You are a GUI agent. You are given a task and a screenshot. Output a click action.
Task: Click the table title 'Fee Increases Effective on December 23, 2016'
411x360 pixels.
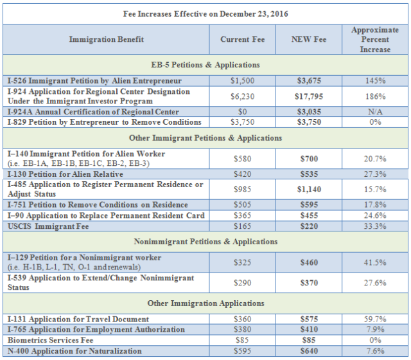click(x=205, y=14)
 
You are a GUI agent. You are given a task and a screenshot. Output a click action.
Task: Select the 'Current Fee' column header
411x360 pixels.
click(x=242, y=39)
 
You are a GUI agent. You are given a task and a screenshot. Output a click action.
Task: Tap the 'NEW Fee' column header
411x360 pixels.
click(x=310, y=39)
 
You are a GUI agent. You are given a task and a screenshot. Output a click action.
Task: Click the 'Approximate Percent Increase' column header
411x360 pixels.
click(x=376, y=39)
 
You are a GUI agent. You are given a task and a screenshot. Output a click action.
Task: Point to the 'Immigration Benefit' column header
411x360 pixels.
click(x=107, y=39)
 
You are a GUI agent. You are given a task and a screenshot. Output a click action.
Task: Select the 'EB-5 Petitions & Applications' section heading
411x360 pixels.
click(x=205, y=65)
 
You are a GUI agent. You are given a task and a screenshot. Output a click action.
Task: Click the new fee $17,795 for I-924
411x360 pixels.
click(x=310, y=96)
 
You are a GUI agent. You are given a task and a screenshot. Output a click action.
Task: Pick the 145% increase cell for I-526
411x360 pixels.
click(x=376, y=81)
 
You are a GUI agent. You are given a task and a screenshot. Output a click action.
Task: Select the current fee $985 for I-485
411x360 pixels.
click(x=242, y=189)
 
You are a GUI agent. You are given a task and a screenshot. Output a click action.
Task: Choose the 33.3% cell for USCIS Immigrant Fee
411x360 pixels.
click(x=376, y=226)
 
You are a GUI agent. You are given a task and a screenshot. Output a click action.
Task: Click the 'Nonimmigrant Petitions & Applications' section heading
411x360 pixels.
click(x=205, y=242)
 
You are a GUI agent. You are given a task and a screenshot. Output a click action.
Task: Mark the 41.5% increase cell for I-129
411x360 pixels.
click(x=376, y=262)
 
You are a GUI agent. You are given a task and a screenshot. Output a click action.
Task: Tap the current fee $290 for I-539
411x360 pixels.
click(x=242, y=283)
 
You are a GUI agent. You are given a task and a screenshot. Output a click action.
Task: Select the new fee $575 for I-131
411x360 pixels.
click(x=310, y=319)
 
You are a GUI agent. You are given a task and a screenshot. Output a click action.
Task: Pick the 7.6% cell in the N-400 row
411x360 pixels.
click(x=376, y=350)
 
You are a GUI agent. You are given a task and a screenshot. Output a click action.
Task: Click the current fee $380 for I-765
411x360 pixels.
click(x=242, y=329)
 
